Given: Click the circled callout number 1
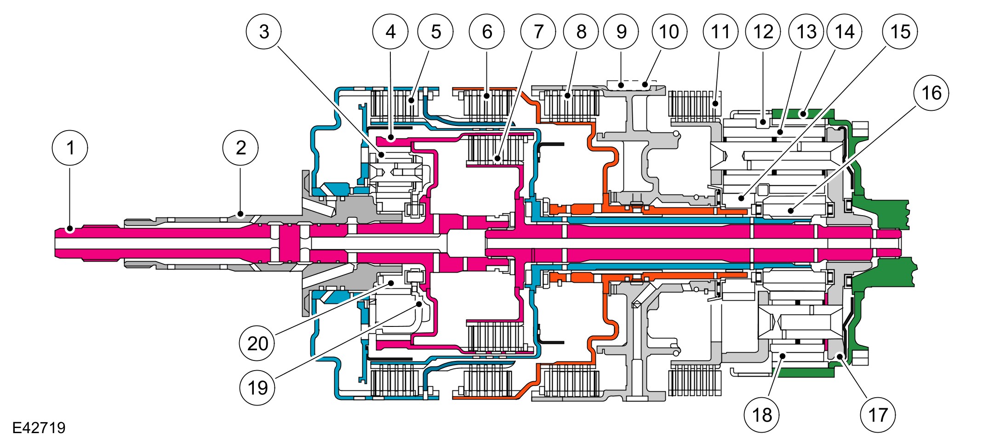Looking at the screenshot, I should point(70,148).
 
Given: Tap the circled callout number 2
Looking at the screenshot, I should point(240,148).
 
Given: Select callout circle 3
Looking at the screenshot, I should point(264,31).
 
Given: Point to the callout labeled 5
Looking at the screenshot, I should point(435,31).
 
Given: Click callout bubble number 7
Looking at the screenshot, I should point(538,31).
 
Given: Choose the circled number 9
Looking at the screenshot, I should point(621,31).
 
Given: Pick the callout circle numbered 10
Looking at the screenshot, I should point(669,31).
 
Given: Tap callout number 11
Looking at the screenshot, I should point(720,31).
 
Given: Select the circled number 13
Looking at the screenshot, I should point(806,31).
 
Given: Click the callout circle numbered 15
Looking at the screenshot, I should point(900,31).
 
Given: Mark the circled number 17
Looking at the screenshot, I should point(877,415).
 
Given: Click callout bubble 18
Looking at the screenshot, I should point(761,415).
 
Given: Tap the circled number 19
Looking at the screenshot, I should point(257,388).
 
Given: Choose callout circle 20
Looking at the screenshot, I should point(257,343).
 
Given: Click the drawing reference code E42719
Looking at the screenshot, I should point(39,428).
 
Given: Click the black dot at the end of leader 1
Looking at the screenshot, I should point(70,228).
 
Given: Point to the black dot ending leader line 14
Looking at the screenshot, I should point(803,113).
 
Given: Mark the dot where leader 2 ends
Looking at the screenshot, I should point(240,214).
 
